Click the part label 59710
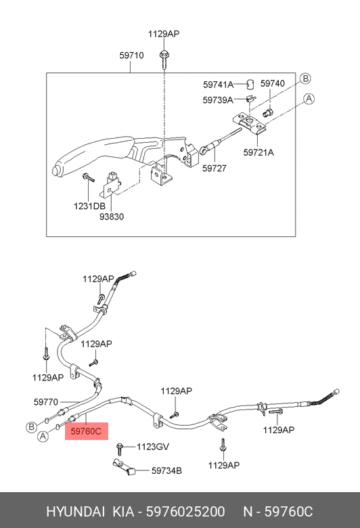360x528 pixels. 131,56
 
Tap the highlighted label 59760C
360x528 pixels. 86,431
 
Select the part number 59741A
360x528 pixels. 218,85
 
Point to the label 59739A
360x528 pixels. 217,100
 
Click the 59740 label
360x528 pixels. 273,83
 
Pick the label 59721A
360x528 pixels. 258,152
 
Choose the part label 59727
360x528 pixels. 215,168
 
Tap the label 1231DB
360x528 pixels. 89,206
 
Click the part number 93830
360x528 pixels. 112,217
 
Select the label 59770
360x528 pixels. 46,401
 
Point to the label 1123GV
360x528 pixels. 153,447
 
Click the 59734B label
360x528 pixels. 166,470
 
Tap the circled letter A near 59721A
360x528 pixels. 309,99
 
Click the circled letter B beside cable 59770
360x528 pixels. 31,427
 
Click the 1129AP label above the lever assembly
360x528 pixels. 164,34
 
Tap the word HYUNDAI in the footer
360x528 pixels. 75,512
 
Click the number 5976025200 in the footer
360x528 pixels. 185,512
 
